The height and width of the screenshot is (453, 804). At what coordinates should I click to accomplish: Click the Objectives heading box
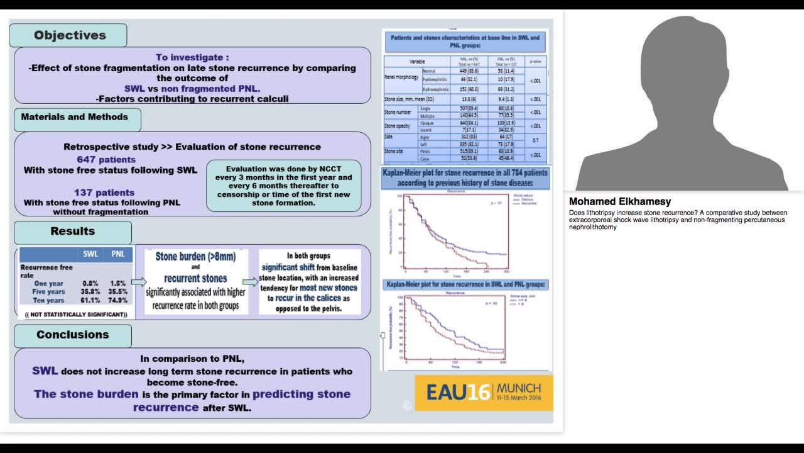(x=69, y=36)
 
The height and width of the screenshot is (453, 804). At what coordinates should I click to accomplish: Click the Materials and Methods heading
(x=75, y=117)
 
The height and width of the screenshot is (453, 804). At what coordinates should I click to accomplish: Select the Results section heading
(x=73, y=232)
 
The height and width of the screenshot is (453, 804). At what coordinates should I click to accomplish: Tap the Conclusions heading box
(x=73, y=335)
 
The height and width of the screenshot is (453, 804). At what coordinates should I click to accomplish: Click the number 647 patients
(x=106, y=160)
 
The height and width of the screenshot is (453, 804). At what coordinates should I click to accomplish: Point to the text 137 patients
(x=104, y=193)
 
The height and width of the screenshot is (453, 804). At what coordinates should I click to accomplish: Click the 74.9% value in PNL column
(x=118, y=301)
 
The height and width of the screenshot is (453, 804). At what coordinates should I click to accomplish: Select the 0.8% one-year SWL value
(x=90, y=284)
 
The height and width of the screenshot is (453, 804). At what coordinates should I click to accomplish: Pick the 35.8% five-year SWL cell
(x=90, y=292)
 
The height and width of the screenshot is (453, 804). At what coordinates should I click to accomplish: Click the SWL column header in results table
(x=90, y=254)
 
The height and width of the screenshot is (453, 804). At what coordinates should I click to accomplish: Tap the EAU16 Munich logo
(x=484, y=393)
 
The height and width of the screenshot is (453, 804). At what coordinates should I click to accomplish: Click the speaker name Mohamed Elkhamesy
(x=619, y=202)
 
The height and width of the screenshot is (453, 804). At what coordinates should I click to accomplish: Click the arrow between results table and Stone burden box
(x=139, y=282)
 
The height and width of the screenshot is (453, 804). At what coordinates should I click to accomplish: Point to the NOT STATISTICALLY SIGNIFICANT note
(x=76, y=314)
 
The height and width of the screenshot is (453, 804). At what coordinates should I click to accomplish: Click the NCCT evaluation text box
(x=283, y=186)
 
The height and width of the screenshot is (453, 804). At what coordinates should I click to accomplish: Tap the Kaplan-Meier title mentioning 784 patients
(x=465, y=177)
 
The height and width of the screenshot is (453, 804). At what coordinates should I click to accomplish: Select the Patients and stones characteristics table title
(x=465, y=42)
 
